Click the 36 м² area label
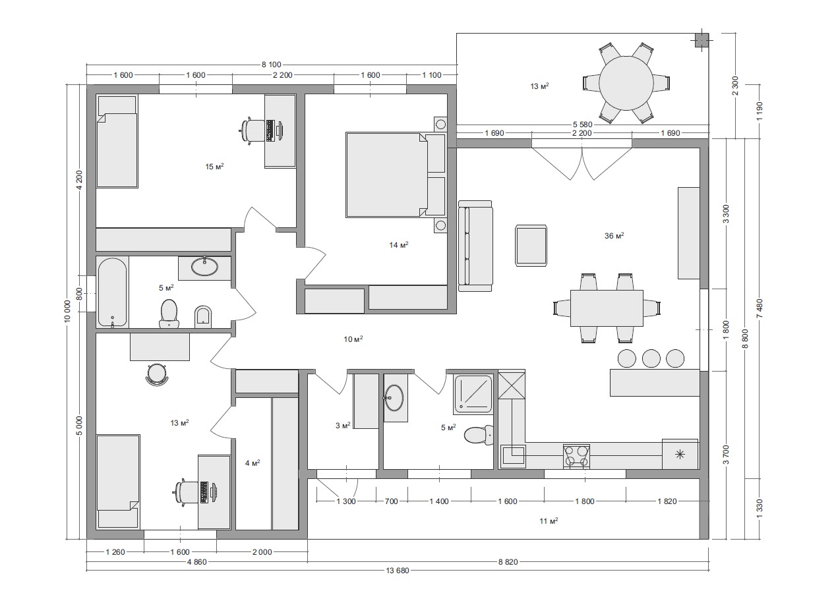coord(614,236)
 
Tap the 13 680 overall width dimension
coord(397,571)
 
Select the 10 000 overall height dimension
coord(67,311)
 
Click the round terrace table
coord(626,83)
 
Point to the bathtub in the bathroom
coord(112,292)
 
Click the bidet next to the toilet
coord(204,317)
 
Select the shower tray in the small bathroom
coord(473,394)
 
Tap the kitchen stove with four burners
coord(576,457)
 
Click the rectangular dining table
coord(607,308)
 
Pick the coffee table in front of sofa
coord(531,246)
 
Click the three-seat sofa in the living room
coord(475,246)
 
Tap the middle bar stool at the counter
coord(651,358)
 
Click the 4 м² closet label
coord(253,463)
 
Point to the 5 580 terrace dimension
coord(583,125)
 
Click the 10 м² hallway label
coord(353,339)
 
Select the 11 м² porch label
coord(549,520)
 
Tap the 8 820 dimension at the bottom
coord(508,562)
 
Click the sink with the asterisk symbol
coord(680,454)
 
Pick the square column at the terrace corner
coord(702,40)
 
